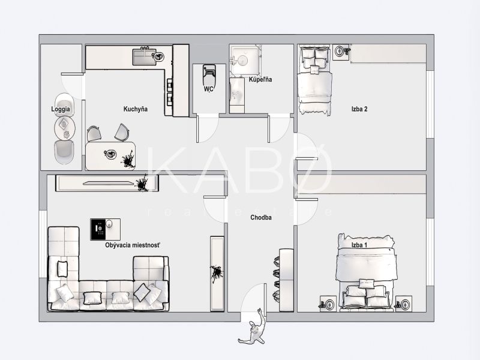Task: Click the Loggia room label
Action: tap(61, 109)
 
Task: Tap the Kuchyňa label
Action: tap(136, 109)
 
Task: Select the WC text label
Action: tap(209, 89)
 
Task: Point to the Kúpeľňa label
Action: tap(260, 80)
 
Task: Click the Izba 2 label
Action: tap(359, 109)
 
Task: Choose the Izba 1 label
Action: tap(359, 245)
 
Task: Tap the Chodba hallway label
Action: tap(261, 218)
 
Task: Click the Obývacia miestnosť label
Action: tap(133, 245)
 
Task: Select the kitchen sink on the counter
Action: tap(145, 57)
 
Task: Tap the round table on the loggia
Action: tap(65, 128)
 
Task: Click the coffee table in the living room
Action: tap(106, 229)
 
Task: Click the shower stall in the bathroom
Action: tap(245, 60)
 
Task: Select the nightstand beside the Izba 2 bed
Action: tap(341, 52)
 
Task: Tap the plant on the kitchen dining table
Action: tap(128, 159)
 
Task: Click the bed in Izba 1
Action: tap(365, 273)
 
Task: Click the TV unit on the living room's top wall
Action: tap(107, 183)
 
